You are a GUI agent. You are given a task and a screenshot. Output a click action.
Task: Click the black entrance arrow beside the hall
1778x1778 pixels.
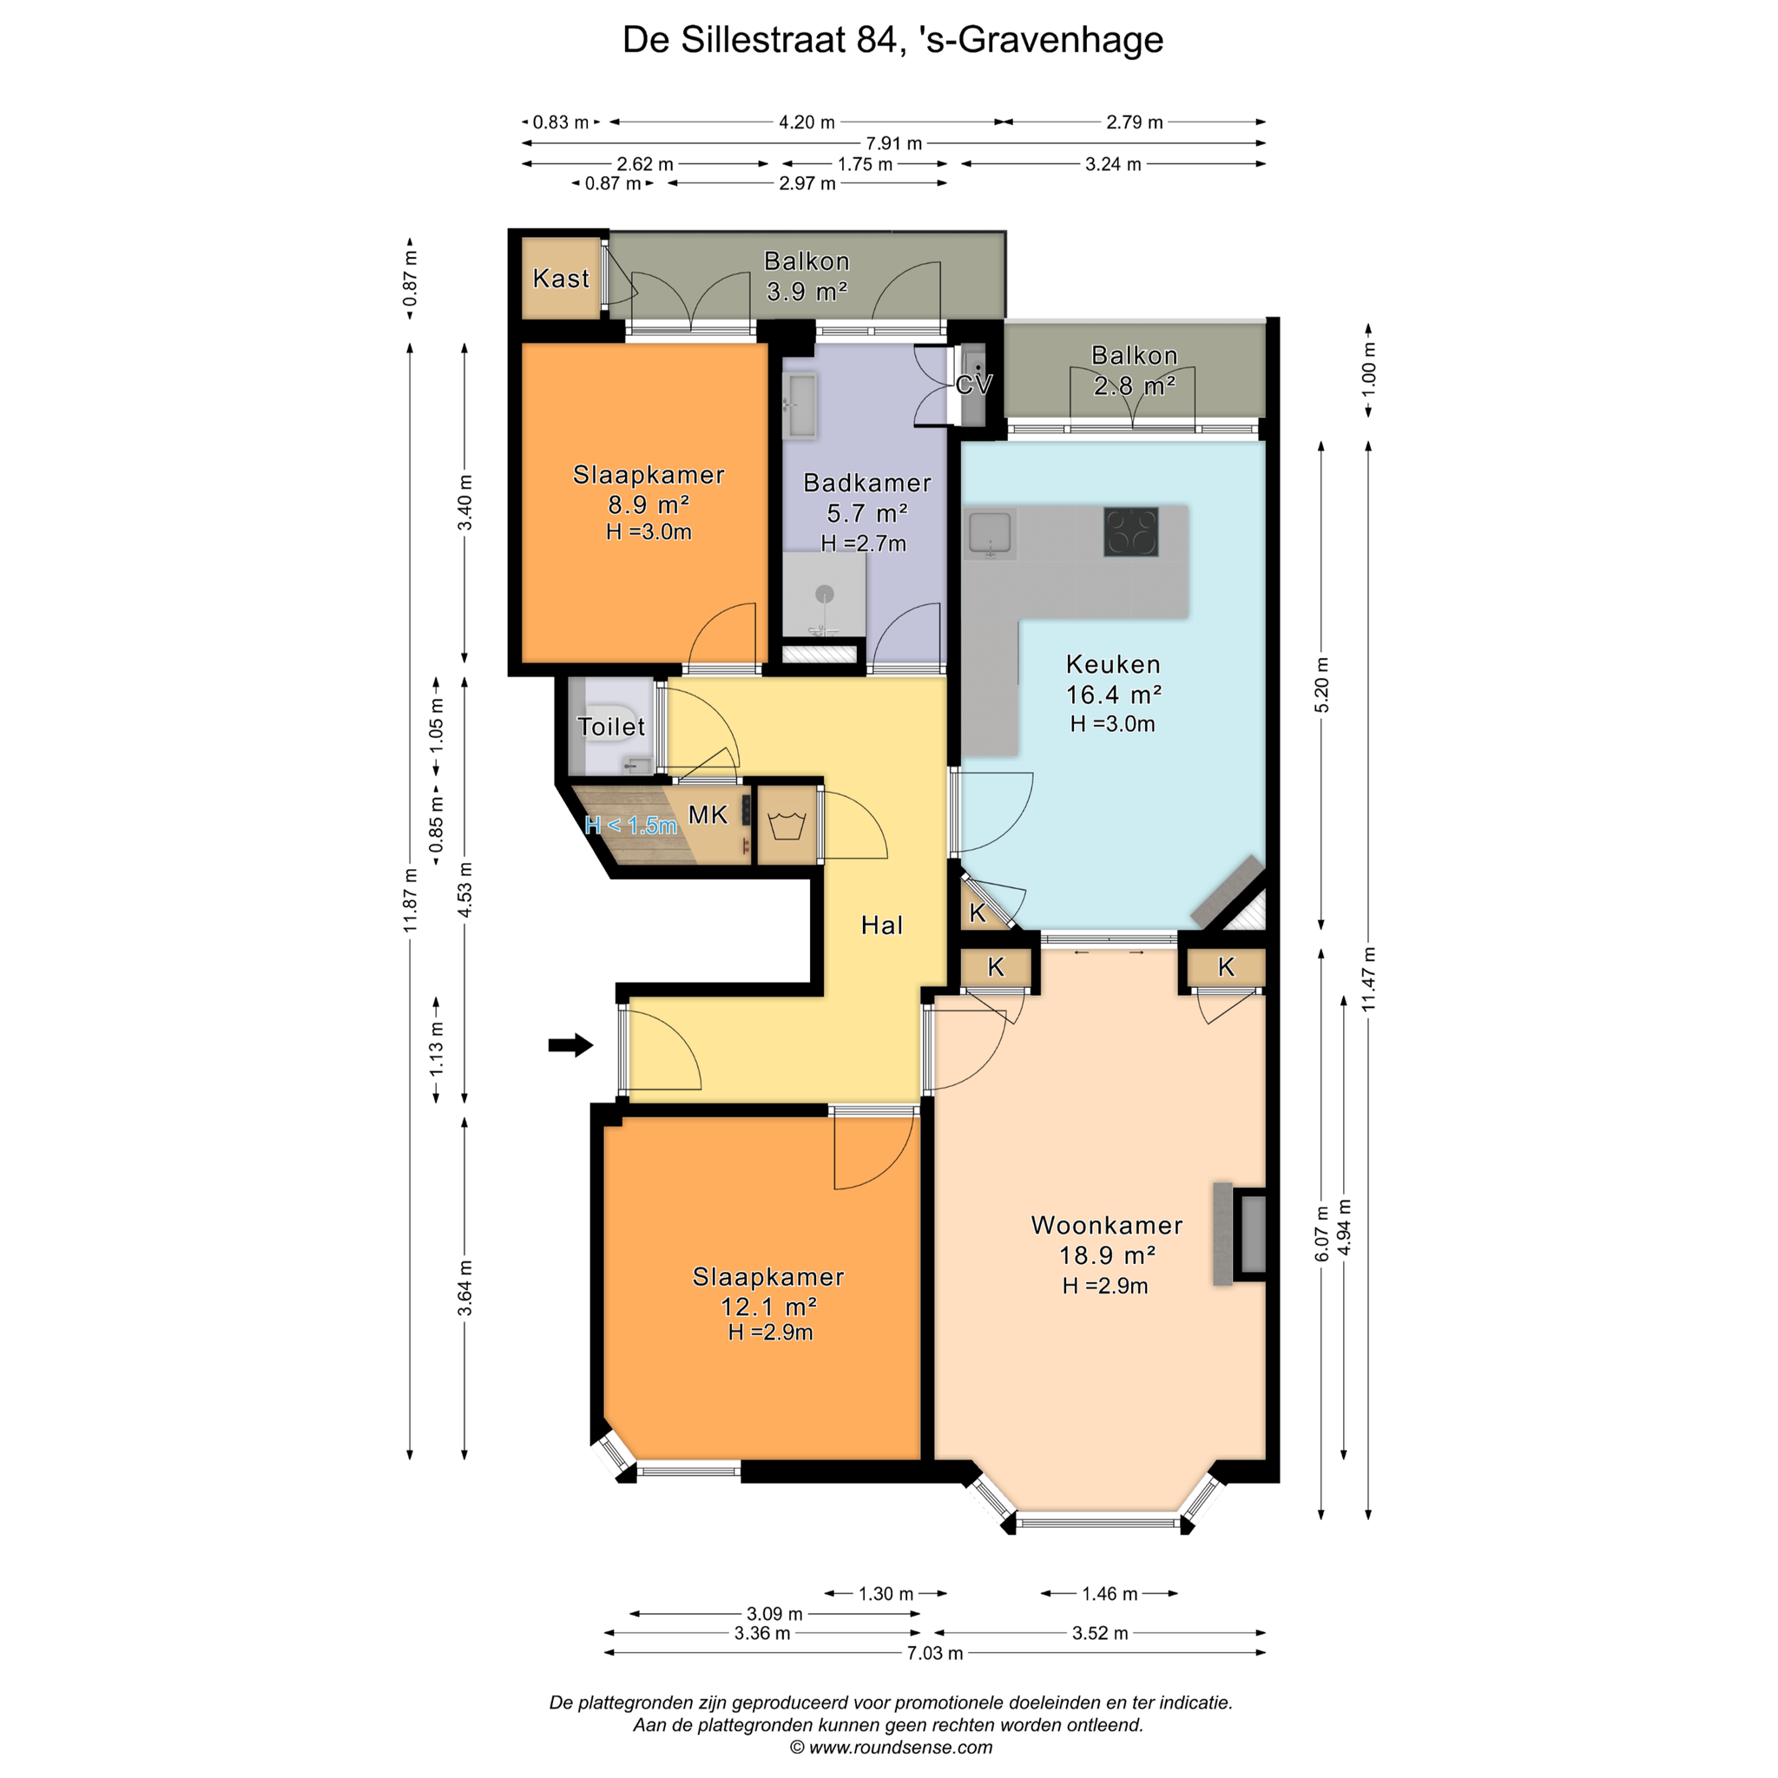(x=570, y=1044)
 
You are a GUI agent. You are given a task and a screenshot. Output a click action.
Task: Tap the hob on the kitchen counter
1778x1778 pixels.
(x=1131, y=532)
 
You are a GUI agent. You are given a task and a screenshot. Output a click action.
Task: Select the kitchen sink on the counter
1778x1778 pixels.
(x=991, y=534)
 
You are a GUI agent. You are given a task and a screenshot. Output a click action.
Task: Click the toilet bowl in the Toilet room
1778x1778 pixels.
(x=608, y=725)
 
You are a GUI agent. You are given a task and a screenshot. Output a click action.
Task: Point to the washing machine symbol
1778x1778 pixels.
(x=787, y=826)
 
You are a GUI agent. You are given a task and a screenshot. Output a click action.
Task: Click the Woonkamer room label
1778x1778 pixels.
(x=1106, y=1225)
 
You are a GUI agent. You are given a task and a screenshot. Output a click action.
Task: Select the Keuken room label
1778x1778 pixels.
(x=1113, y=663)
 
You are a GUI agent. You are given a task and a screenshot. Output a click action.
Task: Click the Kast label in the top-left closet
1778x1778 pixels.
(x=562, y=278)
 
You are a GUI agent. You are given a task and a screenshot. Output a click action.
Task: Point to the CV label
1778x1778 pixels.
(x=974, y=384)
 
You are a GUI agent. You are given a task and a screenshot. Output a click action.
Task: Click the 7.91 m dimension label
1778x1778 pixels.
(x=893, y=143)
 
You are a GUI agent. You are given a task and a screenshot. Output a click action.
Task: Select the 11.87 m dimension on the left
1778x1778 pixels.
(x=411, y=900)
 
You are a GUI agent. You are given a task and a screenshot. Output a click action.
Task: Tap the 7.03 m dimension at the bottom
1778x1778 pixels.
(x=935, y=1653)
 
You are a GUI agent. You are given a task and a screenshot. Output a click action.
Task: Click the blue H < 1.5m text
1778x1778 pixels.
(x=631, y=826)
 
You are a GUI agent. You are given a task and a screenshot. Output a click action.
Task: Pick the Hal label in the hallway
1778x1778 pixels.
(x=882, y=925)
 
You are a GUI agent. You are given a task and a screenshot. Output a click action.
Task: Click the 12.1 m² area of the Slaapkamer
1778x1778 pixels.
(x=768, y=1306)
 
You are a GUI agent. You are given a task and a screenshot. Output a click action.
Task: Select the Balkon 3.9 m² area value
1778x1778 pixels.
(x=807, y=291)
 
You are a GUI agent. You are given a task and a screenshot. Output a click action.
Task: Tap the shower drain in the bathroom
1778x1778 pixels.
(x=825, y=594)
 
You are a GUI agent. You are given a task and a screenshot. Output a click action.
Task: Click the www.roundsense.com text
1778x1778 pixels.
(x=901, y=1747)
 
